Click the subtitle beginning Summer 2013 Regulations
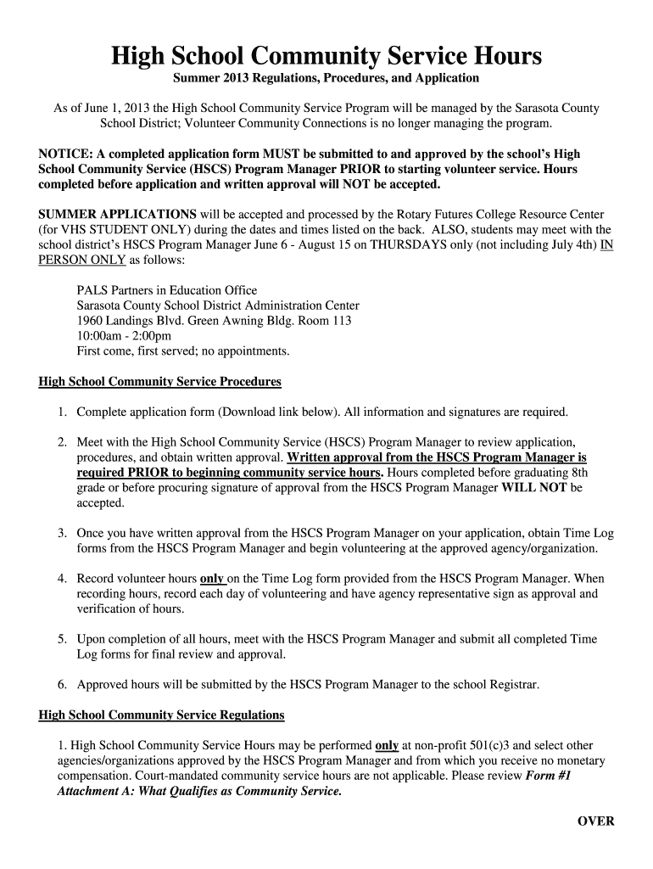point(326,78)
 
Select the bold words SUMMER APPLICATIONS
point(118,214)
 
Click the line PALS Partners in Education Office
point(167,290)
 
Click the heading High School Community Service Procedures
point(160,382)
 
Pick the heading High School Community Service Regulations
point(162,715)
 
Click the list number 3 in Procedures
point(62,534)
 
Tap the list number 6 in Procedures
point(62,684)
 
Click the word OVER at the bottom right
point(595,821)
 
